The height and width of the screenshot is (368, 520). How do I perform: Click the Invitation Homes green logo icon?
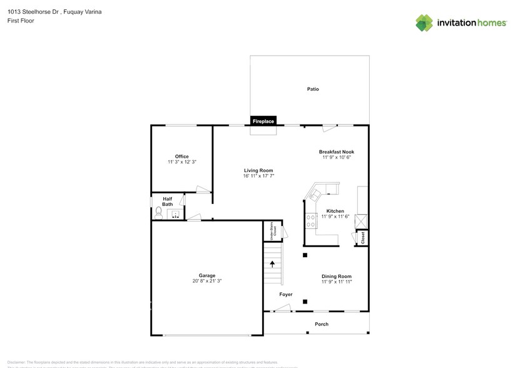424,23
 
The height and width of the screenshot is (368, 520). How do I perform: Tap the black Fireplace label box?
263,121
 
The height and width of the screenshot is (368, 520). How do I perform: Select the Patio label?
313,89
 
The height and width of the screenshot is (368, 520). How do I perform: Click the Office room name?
181,156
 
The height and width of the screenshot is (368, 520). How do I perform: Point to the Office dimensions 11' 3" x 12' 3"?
181,162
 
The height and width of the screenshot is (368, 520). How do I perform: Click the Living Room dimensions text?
258,176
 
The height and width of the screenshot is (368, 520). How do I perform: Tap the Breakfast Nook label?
336,151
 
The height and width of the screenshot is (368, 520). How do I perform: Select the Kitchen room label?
335,211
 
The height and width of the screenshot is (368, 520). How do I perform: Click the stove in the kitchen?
310,220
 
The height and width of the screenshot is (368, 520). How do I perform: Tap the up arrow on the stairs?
272,264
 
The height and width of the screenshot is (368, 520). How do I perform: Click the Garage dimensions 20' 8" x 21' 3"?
206,282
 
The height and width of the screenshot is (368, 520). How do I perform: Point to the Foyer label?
285,294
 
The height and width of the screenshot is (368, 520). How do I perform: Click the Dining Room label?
336,276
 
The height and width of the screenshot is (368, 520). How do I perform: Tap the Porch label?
321,324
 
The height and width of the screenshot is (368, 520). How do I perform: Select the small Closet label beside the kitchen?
362,238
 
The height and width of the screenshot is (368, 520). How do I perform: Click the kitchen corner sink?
315,194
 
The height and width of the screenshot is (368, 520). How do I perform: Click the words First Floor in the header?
21,21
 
